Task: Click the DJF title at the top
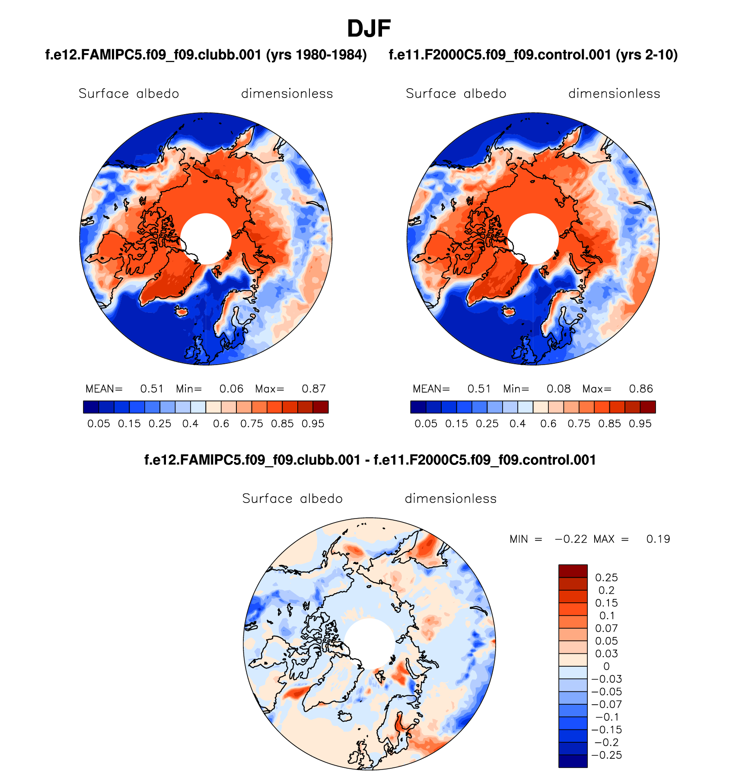coord(369,29)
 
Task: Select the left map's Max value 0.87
coord(313,389)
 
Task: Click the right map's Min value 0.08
coord(558,389)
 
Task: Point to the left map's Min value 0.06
coord(231,389)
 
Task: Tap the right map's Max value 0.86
coord(640,389)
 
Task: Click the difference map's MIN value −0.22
coord(571,539)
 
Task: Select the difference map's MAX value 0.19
coord(658,539)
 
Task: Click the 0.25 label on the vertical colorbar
coord(606,578)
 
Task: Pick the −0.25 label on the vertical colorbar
coord(606,755)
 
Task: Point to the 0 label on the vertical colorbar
coord(606,666)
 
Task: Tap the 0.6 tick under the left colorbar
coord(221,424)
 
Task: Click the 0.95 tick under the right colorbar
coord(640,424)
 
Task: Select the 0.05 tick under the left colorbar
coord(99,424)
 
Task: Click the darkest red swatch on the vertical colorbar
coord(573,571)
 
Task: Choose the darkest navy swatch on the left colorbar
coord(91,407)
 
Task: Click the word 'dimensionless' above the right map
coord(614,94)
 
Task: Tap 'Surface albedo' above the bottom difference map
coord(292,499)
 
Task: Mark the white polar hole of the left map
coord(206,239)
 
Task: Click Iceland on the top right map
coord(509,311)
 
